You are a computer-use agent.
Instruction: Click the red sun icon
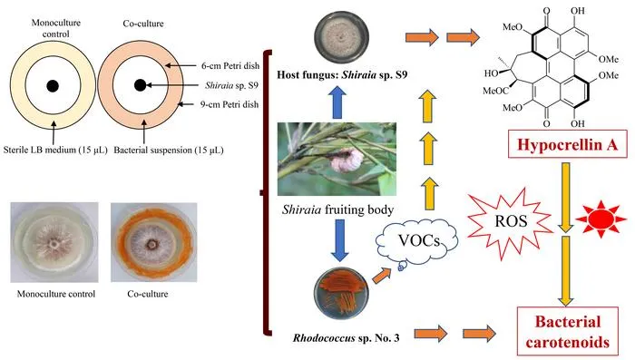(x=601, y=219)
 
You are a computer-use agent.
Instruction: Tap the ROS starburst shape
(x=510, y=221)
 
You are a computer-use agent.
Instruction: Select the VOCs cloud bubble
(x=418, y=241)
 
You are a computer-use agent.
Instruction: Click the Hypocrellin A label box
(x=567, y=144)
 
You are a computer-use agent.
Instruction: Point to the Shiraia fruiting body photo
(x=337, y=160)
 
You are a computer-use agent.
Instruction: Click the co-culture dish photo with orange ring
(x=154, y=242)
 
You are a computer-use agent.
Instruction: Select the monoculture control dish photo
(x=54, y=242)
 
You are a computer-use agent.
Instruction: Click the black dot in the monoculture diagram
(x=53, y=86)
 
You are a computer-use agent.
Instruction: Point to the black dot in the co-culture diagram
(x=140, y=85)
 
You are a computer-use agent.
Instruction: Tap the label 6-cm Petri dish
(x=230, y=65)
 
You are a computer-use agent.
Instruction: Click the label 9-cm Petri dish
(x=230, y=104)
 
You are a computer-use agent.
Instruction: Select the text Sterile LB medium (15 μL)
(x=55, y=150)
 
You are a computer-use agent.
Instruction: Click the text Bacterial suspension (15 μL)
(x=169, y=150)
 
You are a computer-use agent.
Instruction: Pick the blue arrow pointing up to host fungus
(x=337, y=102)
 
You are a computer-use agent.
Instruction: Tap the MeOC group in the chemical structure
(x=495, y=91)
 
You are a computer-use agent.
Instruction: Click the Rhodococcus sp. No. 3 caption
(x=347, y=337)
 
